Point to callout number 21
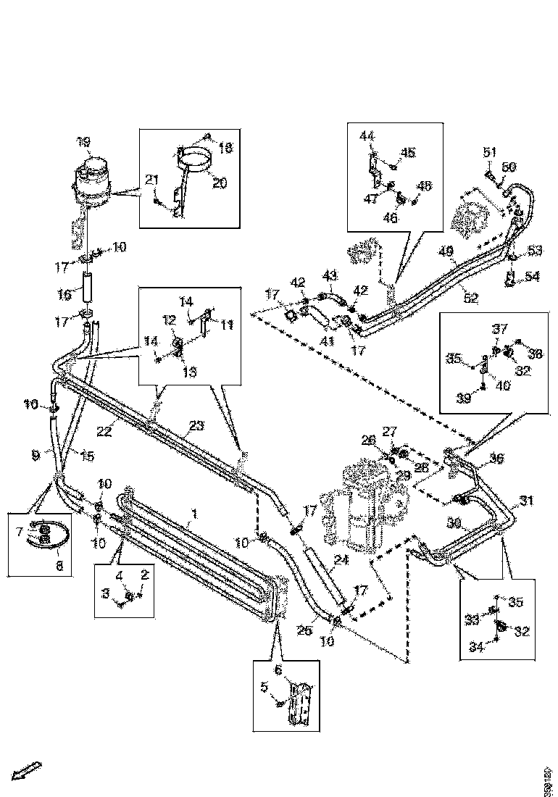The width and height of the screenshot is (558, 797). click(151, 180)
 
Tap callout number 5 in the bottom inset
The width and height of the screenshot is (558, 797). click(265, 687)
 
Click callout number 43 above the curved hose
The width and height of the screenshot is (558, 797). click(330, 275)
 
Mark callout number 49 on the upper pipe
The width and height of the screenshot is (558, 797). click(447, 251)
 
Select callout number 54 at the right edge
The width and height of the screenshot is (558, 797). click(532, 277)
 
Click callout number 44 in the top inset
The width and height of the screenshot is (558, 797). click(367, 135)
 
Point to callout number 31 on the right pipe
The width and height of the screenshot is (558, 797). click(526, 499)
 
